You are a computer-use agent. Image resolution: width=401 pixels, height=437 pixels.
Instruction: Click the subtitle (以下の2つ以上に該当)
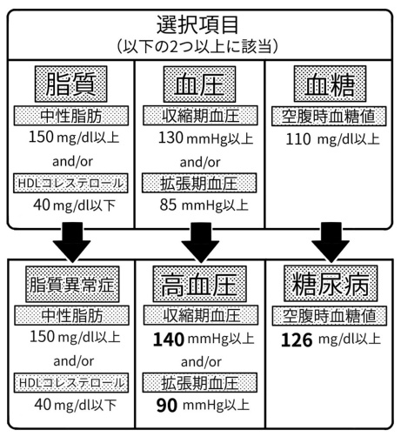(200, 43)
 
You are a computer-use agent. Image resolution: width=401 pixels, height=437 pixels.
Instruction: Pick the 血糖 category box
(330, 84)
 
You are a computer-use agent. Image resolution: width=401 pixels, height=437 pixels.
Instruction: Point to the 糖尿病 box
(330, 284)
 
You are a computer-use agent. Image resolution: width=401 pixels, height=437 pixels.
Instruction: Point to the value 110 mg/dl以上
(330, 138)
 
